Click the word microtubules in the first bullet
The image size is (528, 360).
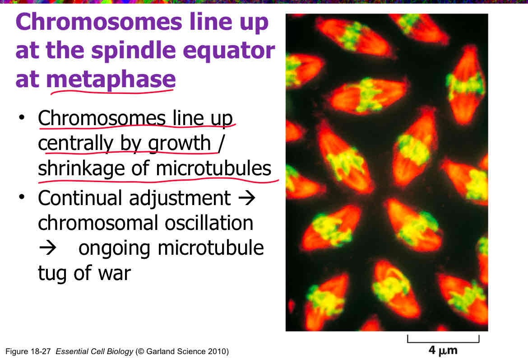tap(213, 168)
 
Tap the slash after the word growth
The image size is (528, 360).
tap(220, 144)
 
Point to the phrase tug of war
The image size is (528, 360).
tap(84, 273)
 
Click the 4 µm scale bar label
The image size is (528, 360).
tap(443, 350)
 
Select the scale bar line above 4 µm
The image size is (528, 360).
tap(443, 338)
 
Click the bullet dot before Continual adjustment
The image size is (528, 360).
tap(21, 199)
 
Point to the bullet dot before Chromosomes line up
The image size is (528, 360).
tap(21, 118)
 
